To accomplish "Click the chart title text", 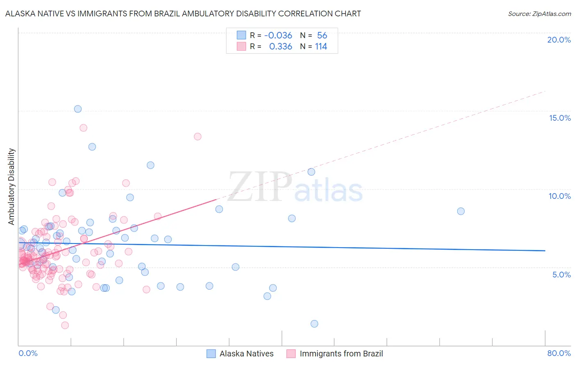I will (183, 14).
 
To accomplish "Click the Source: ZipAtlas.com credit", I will (539, 14).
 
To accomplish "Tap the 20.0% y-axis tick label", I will (559, 40).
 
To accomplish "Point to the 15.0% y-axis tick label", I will (560, 118).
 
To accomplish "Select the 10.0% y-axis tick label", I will (560, 196).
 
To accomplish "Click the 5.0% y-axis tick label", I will (561, 275).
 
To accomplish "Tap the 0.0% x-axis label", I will (28, 353).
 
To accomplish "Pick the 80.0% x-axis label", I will (559, 353).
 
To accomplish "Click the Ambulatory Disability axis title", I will (11, 187).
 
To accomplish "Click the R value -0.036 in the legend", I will (278, 36).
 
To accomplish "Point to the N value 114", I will (321, 47).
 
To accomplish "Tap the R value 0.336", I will (280, 47).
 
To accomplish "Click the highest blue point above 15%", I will (78, 109).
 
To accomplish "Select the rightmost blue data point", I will (461, 211).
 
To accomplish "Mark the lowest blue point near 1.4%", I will (314, 324).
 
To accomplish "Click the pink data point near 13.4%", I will (197, 137).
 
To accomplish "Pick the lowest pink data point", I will (65, 325).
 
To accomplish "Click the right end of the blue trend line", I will (545, 250).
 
